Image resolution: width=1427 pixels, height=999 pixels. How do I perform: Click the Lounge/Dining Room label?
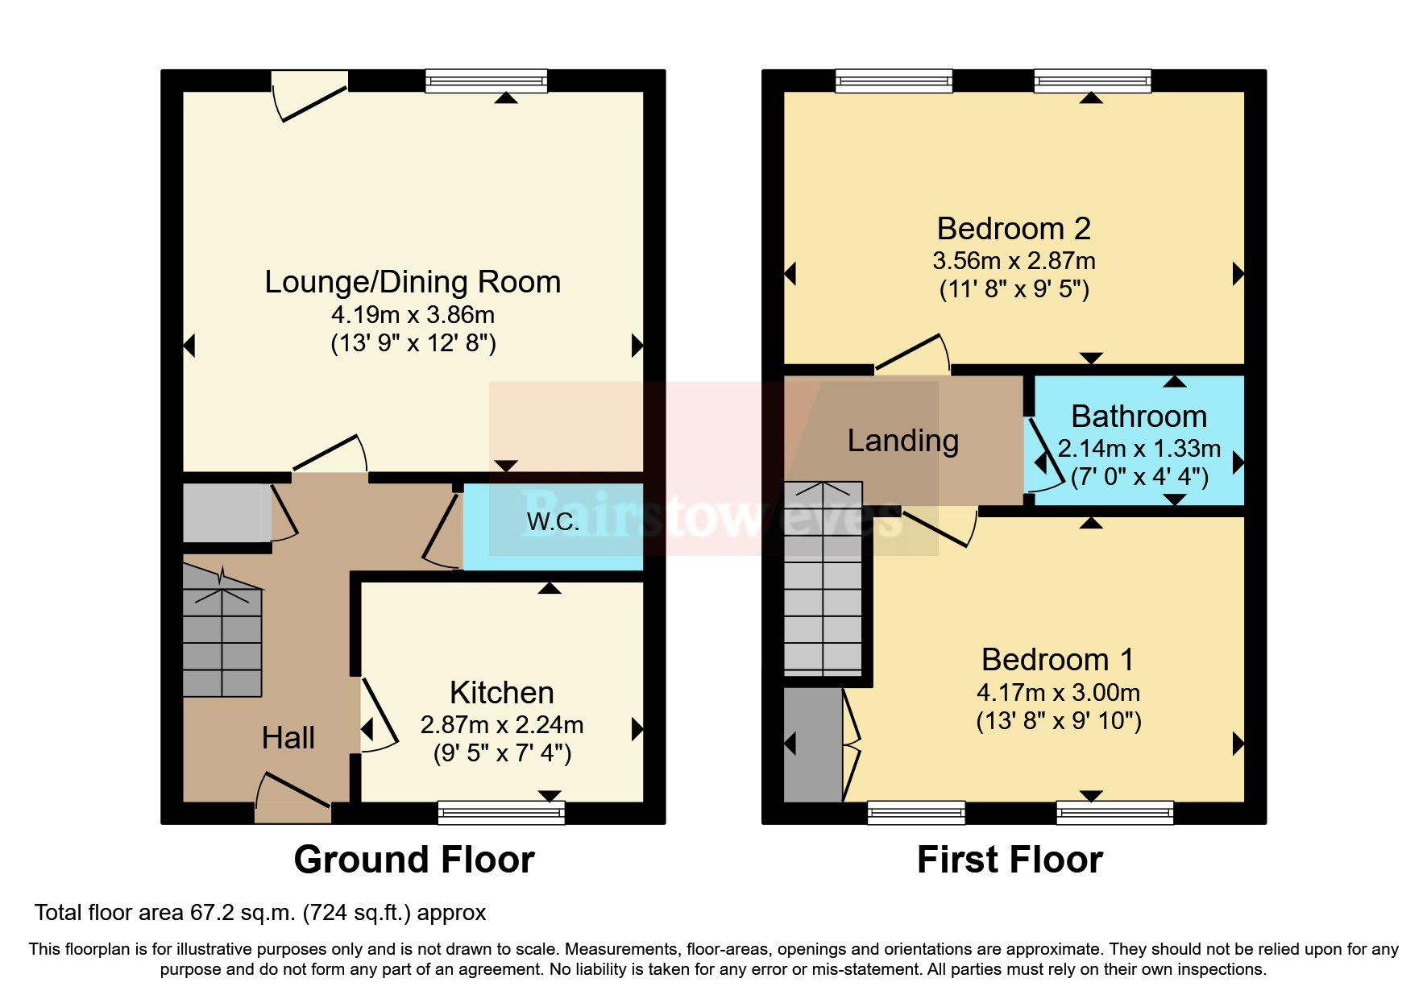click(x=413, y=283)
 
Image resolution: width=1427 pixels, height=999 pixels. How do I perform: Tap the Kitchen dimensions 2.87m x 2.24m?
click(x=502, y=725)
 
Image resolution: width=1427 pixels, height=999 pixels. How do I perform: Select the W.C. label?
click(x=553, y=522)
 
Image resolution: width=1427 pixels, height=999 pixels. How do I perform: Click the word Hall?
click(x=288, y=738)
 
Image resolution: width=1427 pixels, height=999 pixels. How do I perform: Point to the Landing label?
click(x=903, y=441)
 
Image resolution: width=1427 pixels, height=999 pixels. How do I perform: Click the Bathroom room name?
click(x=1139, y=417)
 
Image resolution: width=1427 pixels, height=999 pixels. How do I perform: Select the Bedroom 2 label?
click(x=1014, y=229)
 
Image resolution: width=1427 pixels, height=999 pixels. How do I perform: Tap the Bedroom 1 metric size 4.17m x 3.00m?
click(x=1059, y=693)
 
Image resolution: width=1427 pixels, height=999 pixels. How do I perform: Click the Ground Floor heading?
click(x=414, y=860)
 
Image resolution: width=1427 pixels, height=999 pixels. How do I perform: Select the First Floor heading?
click(x=1010, y=860)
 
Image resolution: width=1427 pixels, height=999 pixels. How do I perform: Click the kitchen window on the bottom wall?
click(x=501, y=813)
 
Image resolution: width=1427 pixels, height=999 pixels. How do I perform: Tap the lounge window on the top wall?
click(x=487, y=81)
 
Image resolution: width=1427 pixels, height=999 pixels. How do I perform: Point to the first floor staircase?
click(x=823, y=579)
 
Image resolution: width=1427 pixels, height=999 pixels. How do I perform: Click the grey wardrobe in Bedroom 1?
click(x=813, y=745)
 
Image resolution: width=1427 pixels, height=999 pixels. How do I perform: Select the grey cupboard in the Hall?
click(x=226, y=513)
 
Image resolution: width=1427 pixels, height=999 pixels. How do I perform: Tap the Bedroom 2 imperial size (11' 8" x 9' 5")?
click(x=1014, y=289)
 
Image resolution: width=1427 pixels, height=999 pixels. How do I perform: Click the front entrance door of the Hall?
click(x=293, y=798)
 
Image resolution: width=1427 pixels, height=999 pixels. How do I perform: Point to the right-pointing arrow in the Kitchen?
click(x=637, y=729)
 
